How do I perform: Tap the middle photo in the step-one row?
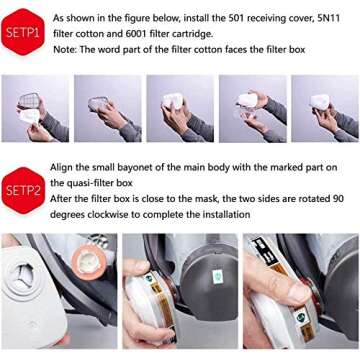tap(180, 108)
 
